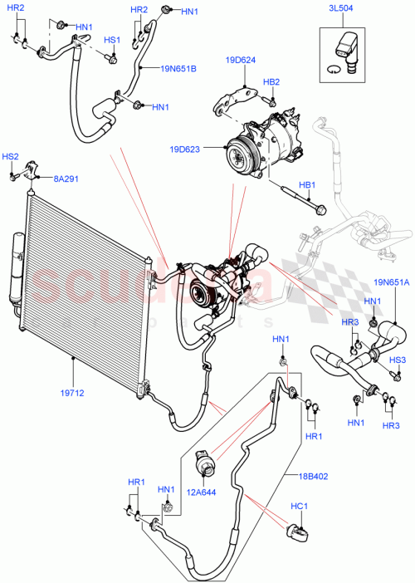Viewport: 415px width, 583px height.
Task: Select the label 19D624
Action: (240, 61)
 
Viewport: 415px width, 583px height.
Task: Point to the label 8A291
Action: (68, 177)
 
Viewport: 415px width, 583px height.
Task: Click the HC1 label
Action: (299, 506)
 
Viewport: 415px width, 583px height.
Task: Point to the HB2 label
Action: (271, 82)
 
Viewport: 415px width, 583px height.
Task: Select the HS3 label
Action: (398, 360)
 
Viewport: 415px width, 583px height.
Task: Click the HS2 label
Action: (10, 156)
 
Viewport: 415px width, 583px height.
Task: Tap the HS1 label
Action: (110, 40)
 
